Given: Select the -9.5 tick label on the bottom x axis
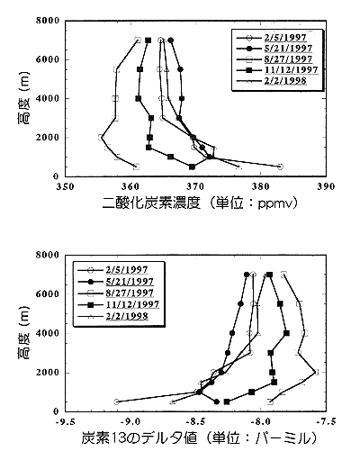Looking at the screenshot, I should pyautogui.click(x=64, y=420).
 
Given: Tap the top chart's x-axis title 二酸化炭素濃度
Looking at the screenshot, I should pyautogui.click(x=154, y=204).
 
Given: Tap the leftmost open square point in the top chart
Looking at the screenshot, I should pyautogui.click(x=102, y=137).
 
